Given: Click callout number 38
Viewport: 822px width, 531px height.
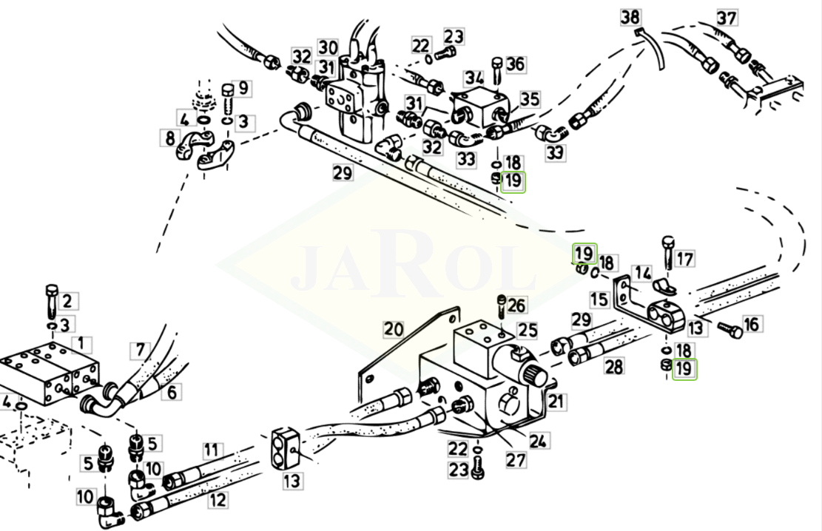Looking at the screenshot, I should coord(631,16).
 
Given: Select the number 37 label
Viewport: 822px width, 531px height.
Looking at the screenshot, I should coord(727,18).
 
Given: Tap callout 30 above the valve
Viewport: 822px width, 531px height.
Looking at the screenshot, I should coord(328,48).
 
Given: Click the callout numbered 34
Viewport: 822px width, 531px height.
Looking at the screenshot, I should coord(474,78).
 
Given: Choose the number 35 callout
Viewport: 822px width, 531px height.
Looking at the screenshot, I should coord(530,98).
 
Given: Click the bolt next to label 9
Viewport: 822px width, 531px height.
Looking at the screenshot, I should coord(227,94).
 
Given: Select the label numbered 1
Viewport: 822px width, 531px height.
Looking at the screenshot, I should coord(85,343).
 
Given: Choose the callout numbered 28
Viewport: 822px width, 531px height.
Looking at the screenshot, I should coord(613,365).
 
